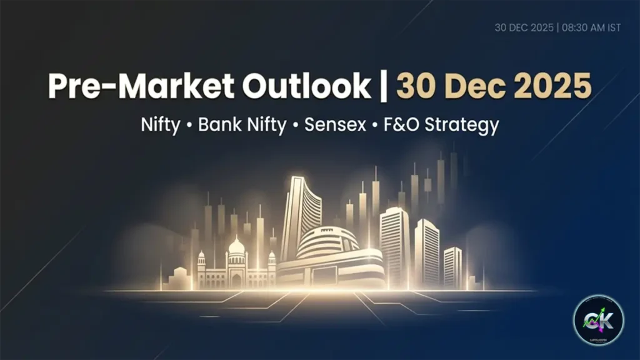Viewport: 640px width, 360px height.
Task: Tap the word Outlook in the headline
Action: pos(306,86)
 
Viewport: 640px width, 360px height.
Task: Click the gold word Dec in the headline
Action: pos(462,86)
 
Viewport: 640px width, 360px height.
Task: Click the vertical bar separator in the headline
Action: pos(383,86)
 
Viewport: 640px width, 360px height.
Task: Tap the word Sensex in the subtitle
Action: pos(335,125)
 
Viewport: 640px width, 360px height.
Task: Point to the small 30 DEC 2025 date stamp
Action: pos(523,27)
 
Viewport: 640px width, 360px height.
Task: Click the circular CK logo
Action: pos(598,320)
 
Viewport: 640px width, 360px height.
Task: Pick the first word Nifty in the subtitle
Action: pos(161,125)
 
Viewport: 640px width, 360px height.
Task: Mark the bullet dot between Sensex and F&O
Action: pos(375,126)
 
